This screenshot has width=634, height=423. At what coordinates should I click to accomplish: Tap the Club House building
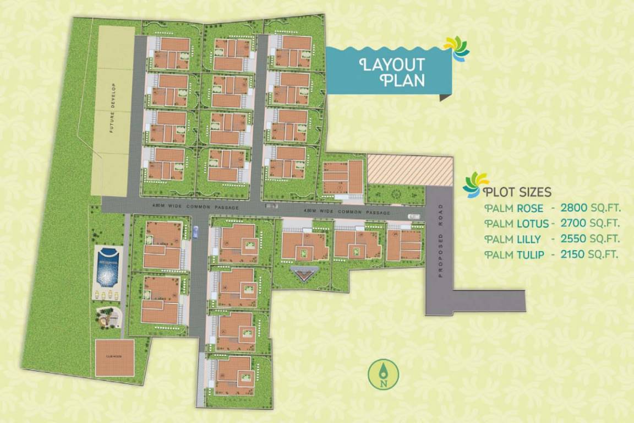click(x=114, y=358)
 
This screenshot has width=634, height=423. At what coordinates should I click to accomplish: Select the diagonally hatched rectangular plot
click(x=409, y=169)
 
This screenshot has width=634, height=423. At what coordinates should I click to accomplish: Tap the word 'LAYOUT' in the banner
click(x=392, y=64)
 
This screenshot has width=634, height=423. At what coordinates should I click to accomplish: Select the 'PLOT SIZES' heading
click(x=517, y=192)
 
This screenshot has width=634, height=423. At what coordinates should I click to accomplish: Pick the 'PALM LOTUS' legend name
click(x=517, y=224)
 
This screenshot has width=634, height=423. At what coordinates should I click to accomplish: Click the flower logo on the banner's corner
click(x=457, y=47)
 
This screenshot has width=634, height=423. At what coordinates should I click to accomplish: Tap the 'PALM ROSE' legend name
click(x=514, y=208)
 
